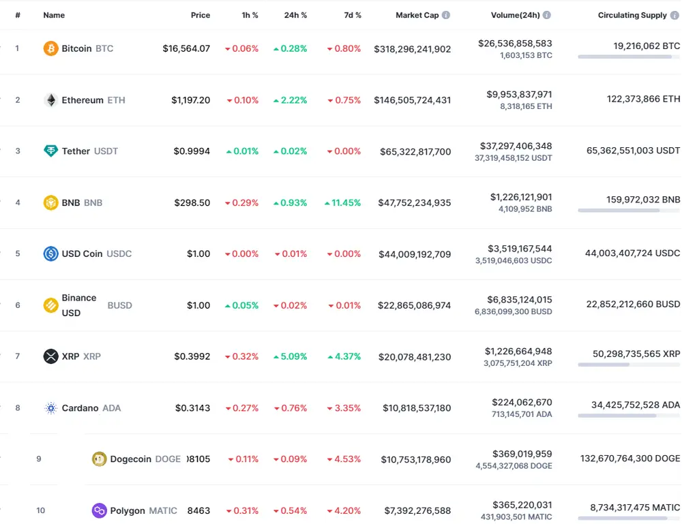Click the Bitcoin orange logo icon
(x=50, y=48)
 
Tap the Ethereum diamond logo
(x=50, y=100)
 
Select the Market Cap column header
(x=417, y=15)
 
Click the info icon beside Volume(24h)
(x=547, y=15)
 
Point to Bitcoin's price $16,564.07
(x=186, y=48)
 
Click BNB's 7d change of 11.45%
(x=343, y=202)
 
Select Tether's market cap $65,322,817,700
(x=415, y=151)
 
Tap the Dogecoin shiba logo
(x=100, y=459)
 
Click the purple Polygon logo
(x=100, y=510)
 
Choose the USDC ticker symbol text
(x=119, y=253)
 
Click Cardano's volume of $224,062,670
(x=522, y=402)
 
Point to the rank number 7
(x=18, y=356)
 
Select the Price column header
(x=201, y=15)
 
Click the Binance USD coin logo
(x=50, y=305)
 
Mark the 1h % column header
(x=250, y=15)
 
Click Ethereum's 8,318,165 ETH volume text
(x=526, y=106)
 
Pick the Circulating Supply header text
(x=632, y=15)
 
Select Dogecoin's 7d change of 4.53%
(x=344, y=459)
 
